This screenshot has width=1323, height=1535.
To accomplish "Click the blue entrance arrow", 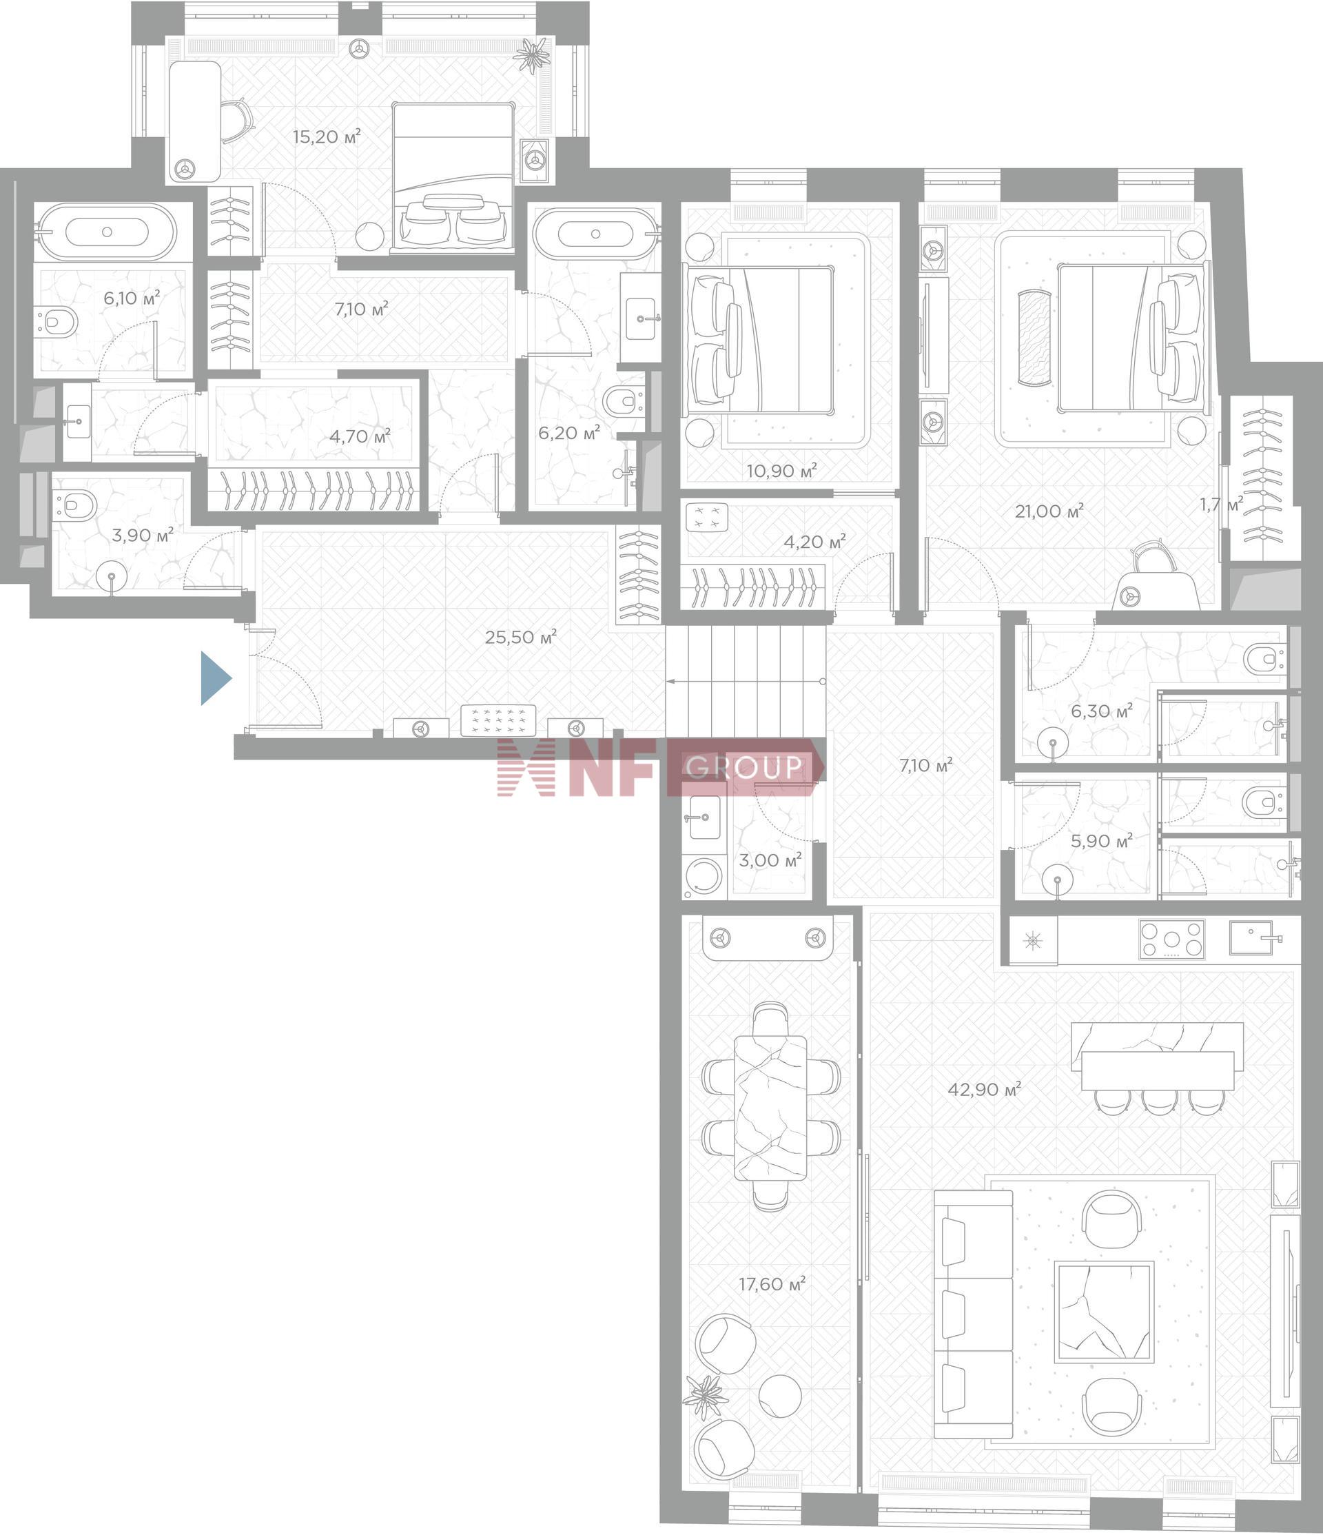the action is point(216,678).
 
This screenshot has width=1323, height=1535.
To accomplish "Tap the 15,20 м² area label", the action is point(327,136).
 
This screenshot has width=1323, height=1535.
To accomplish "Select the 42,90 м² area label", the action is point(985,1089).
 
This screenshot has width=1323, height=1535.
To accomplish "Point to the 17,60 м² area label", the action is point(772,1284).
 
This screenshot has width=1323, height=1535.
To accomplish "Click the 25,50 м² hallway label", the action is point(521,636).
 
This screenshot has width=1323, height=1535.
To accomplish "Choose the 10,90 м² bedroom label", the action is point(781,471).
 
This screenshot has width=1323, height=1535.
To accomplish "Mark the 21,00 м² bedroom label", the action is point(1049,511).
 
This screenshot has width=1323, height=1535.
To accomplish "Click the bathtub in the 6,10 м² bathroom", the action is point(107,232).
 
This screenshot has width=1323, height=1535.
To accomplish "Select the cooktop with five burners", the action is point(1172,939).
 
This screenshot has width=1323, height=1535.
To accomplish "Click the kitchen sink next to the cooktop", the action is point(1251,938).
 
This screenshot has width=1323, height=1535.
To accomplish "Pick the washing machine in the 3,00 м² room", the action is point(704,879).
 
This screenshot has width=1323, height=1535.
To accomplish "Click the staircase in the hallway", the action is point(745,680).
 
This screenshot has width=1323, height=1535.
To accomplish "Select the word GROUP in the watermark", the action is point(744,766).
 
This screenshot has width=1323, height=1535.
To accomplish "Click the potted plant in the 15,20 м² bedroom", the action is point(533,56).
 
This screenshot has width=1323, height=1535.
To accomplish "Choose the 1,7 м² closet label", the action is point(1222,505).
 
